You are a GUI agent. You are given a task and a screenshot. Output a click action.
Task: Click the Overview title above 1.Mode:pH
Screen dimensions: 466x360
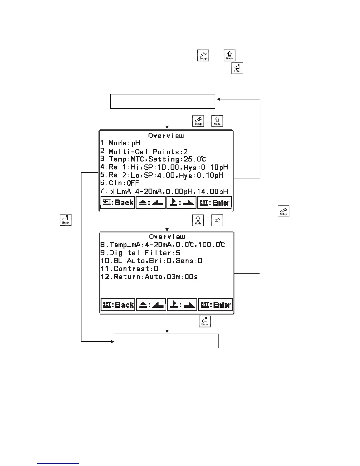click(166, 136)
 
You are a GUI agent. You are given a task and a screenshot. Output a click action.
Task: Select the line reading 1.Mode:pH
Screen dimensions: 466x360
click(120, 143)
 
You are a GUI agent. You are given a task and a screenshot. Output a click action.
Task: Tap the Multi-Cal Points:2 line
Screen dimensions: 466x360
click(144, 152)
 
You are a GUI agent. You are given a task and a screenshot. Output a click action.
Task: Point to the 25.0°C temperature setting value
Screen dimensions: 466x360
click(195, 159)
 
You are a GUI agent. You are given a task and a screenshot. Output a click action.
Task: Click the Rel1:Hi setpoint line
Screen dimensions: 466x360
click(164, 167)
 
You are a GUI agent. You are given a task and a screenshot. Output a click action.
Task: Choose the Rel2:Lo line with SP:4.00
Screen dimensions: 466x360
click(162, 175)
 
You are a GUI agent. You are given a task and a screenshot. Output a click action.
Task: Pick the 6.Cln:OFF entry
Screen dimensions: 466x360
click(120, 183)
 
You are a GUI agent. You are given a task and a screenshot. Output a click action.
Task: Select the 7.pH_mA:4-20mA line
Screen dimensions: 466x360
click(164, 192)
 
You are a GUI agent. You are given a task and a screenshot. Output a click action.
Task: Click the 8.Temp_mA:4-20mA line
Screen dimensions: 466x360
click(163, 245)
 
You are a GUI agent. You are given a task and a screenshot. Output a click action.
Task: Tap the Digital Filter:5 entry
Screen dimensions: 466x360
click(140, 253)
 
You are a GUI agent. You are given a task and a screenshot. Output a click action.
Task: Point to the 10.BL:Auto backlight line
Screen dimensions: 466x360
click(151, 261)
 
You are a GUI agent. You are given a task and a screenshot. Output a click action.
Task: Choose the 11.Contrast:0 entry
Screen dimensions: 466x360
click(129, 269)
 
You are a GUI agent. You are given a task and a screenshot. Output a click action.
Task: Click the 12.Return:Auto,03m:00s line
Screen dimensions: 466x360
click(149, 277)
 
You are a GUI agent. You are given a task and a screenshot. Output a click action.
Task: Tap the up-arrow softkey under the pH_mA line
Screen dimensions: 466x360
click(151, 203)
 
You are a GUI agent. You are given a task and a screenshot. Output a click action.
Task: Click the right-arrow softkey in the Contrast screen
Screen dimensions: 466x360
click(182, 305)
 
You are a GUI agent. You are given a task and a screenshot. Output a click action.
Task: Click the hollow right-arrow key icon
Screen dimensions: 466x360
click(217, 220)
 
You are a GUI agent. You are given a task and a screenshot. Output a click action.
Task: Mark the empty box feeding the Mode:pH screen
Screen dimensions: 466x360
click(163, 101)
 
